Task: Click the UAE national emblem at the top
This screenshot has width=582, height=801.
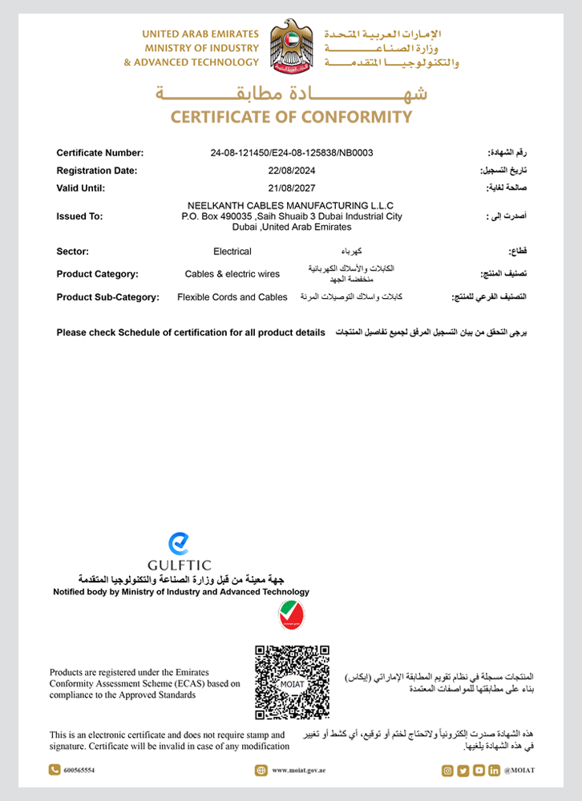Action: pyautogui.click(x=292, y=47)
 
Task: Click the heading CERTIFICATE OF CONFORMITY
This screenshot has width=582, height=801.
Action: pyautogui.click(x=291, y=117)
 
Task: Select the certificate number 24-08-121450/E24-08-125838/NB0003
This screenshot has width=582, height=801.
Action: pyautogui.click(x=292, y=152)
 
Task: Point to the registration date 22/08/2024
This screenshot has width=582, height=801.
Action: pyautogui.click(x=292, y=171)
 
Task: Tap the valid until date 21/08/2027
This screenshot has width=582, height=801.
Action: pyautogui.click(x=292, y=189)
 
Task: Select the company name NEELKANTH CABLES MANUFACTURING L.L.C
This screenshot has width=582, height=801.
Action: pyautogui.click(x=292, y=205)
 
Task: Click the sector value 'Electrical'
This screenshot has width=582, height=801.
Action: pyautogui.click(x=232, y=252)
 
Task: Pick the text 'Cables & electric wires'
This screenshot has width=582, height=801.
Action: pyautogui.click(x=232, y=274)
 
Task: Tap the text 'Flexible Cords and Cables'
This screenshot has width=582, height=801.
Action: pyautogui.click(x=232, y=297)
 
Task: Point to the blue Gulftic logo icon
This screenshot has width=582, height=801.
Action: pyautogui.click(x=179, y=544)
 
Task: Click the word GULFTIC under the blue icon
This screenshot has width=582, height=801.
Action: pyautogui.click(x=180, y=565)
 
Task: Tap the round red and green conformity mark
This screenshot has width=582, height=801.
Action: pyautogui.click(x=291, y=615)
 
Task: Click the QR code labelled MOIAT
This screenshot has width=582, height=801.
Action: pyautogui.click(x=292, y=682)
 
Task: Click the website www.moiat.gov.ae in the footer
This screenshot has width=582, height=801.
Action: pyautogui.click(x=298, y=771)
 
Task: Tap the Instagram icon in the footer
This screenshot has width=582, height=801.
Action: pyautogui.click(x=447, y=771)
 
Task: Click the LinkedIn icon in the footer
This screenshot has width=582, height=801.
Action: pyautogui.click(x=494, y=771)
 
